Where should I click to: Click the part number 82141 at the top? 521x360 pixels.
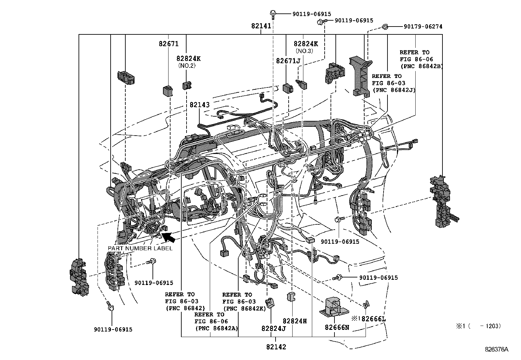[x=261, y=26]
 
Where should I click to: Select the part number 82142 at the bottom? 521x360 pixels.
[x=276, y=347]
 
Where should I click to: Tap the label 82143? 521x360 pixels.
[x=200, y=105]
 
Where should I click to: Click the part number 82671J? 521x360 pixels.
[x=288, y=61]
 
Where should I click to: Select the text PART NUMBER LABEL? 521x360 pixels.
[x=140, y=248]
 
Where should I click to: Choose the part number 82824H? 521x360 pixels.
[x=295, y=321]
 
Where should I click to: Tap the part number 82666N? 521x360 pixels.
[x=337, y=327]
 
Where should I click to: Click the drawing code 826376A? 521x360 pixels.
[x=496, y=350]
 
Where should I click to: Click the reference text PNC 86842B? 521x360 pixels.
[x=422, y=66]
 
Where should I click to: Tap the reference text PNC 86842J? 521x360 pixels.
[x=394, y=90]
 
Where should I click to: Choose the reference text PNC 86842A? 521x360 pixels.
[x=216, y=328]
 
